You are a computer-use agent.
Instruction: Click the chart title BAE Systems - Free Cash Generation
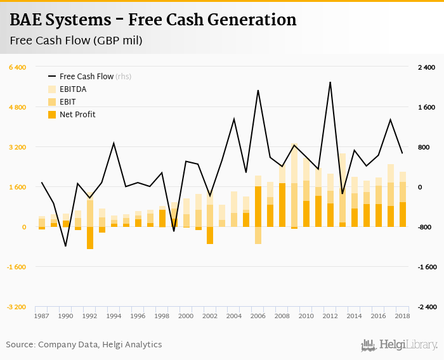point(153,20)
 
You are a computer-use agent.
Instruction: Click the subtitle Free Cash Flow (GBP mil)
point(75,41)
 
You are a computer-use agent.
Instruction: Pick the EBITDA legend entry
point(73,89)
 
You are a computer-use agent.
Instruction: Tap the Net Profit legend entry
point(77,115)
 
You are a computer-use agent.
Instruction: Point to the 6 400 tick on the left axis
point(16,67)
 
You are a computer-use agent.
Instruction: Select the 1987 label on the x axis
point(42,316)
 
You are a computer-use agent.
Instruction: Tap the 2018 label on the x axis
point(402,316)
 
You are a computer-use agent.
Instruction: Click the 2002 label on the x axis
point(209,316)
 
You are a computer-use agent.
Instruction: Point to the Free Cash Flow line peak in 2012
point(330,82)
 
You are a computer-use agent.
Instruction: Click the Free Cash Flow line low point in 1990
point(65,246)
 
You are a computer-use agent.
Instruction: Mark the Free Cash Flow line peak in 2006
point(258,91)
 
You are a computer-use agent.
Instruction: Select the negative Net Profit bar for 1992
point(90,238)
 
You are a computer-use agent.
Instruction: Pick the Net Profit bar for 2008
point(282,205)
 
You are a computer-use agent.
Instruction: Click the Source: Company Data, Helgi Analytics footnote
point(84,345)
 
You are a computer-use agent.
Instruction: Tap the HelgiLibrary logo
point(400,345)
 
